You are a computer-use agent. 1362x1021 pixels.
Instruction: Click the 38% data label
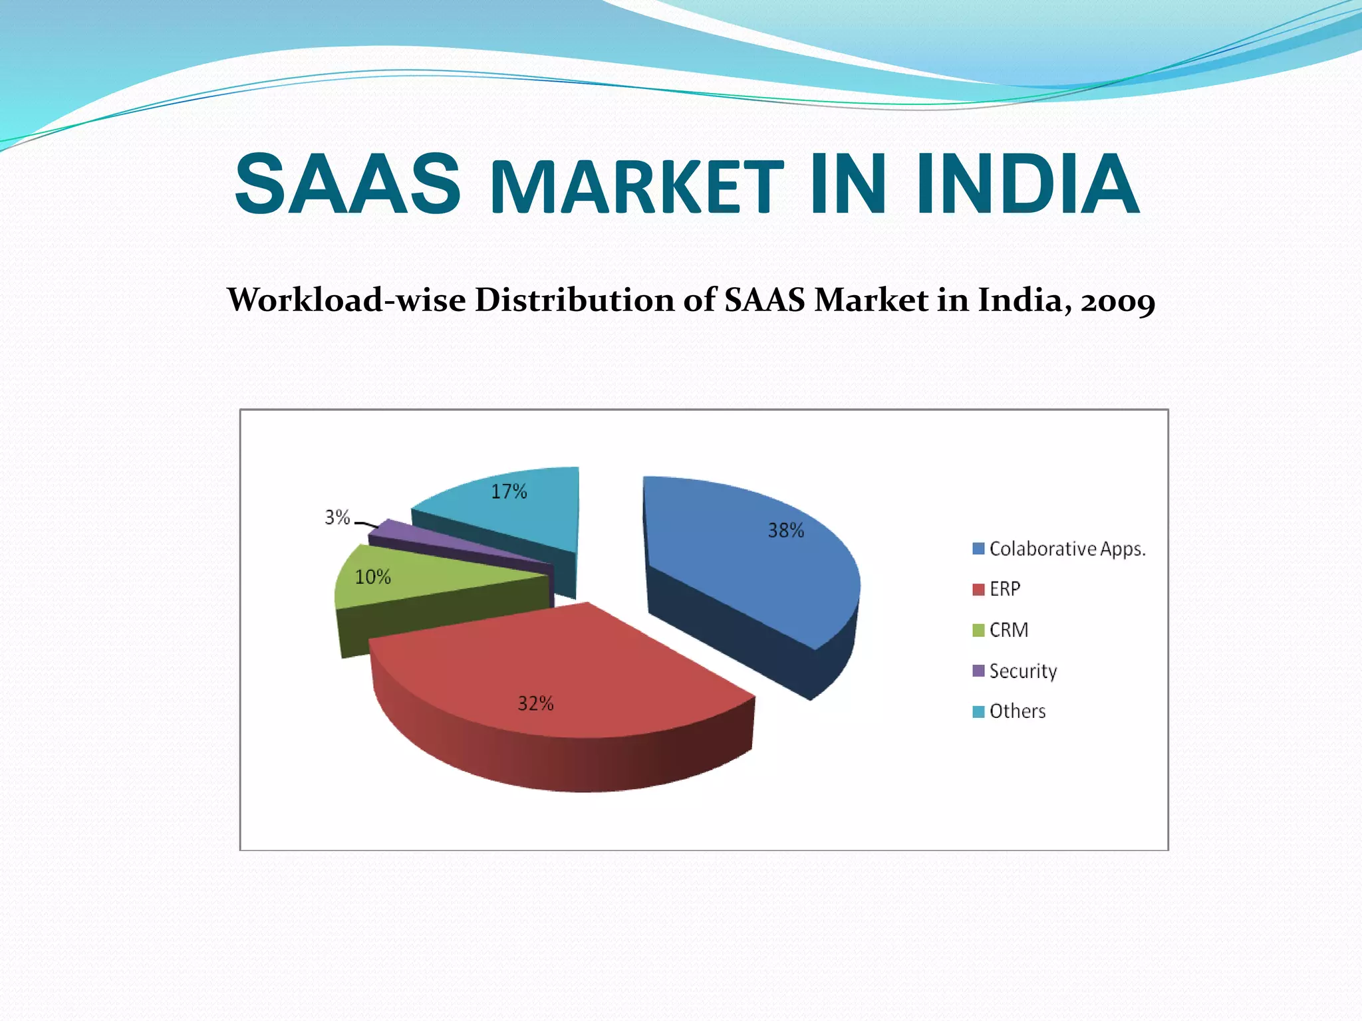pyautogui.click(x=786, y=530)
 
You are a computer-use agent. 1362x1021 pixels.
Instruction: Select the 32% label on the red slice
pyautogui.click(x=535, y=703)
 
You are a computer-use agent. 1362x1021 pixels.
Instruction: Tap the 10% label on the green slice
pyautogui.click(x=372, y=577)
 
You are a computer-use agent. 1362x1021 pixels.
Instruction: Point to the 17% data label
pyautogui.click(x=509, y=492)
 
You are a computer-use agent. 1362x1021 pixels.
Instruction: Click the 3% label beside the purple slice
pyautogui.click(x=337, y=517)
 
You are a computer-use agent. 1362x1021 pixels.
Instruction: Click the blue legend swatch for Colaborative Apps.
pyautogui.click(x=978, y=549)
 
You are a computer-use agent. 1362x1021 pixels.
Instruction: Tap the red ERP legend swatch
pyautogui.click(x=978, y=590)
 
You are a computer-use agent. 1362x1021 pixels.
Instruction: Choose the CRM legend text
pyautogui.click(x=1009, y=630)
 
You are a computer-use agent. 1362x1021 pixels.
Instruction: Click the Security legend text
pyautogui.click(x=1023, y=671)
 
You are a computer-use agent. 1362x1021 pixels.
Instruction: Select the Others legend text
pyautogui.click(x=1018, y=711)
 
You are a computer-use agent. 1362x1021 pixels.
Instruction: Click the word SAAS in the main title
pyautogui.click(x=348, y=184)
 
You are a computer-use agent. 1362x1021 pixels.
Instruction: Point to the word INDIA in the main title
pyautogui.click(x=1027, y=184)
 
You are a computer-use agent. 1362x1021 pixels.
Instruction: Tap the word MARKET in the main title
pyautogui.click(x=637, y=188)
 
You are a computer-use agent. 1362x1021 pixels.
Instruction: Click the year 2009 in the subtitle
pyautogui.click(x=1118, y=301)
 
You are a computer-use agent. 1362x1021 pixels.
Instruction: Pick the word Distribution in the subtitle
pyautogui.click(x=574, y=300)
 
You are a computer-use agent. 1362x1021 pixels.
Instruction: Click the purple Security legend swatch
pyautogui.click(x=978, y=671)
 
